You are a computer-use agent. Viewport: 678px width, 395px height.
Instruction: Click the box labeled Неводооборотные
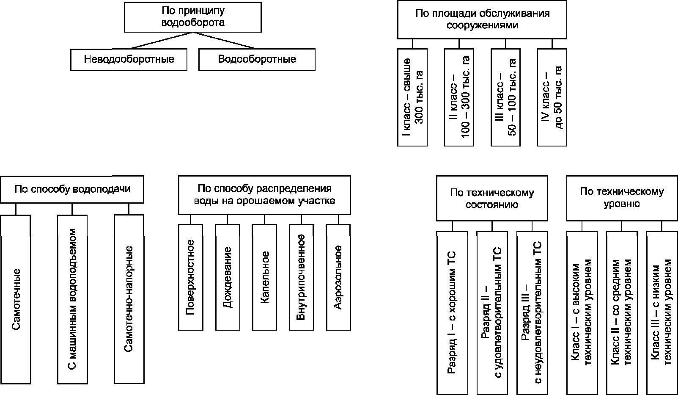[129, 60]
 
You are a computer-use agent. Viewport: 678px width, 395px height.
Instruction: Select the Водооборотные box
[257, 60]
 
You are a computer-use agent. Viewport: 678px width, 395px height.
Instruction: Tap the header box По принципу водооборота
[193, 17]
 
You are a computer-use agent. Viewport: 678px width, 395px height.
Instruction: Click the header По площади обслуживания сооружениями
[482, 19]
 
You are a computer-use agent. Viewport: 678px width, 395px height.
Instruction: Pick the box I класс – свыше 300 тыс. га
[412, 97]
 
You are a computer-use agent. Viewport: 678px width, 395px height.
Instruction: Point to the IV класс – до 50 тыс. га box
[552, 97]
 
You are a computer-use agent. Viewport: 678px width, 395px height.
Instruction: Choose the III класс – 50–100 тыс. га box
[505, 97]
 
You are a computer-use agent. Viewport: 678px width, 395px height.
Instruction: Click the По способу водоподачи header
[72, 189]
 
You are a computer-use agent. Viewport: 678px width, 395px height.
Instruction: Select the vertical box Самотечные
[15, 299]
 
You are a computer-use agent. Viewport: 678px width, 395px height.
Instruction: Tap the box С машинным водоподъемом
[72, 299]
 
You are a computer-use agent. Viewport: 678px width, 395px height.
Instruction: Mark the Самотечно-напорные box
[129, 299]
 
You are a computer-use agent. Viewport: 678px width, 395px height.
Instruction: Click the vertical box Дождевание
[228, 277]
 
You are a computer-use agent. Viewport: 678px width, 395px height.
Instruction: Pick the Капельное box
[264, 277]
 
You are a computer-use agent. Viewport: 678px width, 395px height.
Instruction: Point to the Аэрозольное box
[338, 277]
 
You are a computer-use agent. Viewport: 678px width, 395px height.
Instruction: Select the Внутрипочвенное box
[302, 277]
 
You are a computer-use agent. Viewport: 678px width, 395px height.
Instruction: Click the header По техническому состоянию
[492, 199]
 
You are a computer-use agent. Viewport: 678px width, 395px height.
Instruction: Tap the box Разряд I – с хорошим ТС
[452, 313]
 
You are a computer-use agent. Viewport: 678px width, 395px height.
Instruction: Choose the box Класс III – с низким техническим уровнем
[662, 313]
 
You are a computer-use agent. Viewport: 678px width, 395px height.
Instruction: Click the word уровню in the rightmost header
[622, 204]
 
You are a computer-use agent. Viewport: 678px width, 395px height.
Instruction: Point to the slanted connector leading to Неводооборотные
[161, 41]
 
